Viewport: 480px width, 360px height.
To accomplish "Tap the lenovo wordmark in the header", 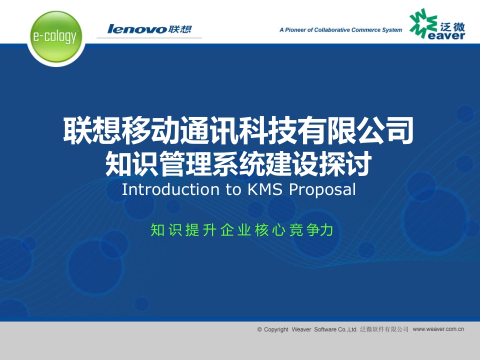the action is [x=137, y=29].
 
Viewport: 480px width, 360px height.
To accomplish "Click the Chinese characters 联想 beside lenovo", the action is [x=180, y=29].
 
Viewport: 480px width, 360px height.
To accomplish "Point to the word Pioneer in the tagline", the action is [x=295, y=30].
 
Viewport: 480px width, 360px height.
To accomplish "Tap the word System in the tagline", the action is [x=392, y=30].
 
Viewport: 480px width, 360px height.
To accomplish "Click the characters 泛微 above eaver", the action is [x=452, y=27].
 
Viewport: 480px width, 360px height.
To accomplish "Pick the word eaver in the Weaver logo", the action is [x=446, y=36].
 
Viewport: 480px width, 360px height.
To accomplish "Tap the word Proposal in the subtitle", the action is [x=322, y=190].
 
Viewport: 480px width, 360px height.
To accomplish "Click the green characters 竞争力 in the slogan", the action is [x=311, y=230].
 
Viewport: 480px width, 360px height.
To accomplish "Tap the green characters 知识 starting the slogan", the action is [x=166, y=230].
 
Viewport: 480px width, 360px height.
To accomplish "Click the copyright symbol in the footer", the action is [x=259, y=329].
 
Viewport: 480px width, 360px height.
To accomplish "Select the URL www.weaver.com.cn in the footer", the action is [x=438, y=329].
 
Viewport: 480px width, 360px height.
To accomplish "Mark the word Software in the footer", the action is [x=325, y=329].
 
